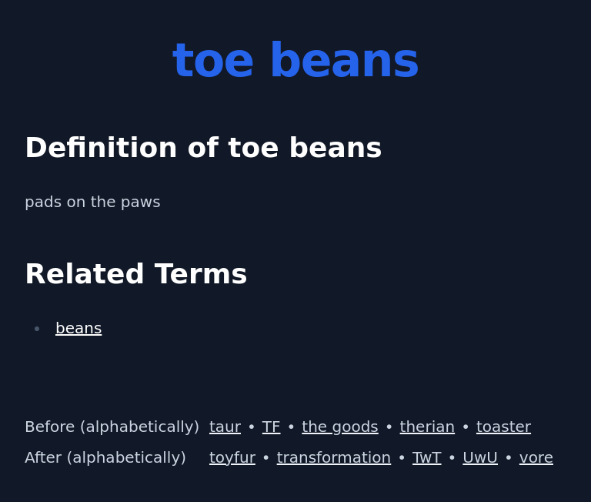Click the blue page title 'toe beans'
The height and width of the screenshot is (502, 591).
tap(295, 62)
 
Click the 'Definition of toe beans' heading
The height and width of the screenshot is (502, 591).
tap(203, 148)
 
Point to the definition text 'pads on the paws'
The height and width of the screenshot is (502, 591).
tap(92, 202)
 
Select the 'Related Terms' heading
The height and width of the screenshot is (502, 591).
tap(135, 274)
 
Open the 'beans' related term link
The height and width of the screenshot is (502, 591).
tap(78, 329)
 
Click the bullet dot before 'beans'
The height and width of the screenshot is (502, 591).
tap(37, 330)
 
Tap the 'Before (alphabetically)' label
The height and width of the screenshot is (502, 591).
tap(112, 427)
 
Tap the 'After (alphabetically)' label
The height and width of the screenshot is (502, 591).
tap(105, 458)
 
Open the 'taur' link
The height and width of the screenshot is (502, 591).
tap(225, 427)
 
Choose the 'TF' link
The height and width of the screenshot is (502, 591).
tap(271, 427)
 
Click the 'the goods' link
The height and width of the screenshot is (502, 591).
tap(339, 427)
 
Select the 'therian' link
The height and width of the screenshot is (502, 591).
tap(427, 427)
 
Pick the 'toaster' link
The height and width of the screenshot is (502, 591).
tap(503, 427)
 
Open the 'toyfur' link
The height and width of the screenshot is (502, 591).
tap(232, 458)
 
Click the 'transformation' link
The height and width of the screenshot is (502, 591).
tap(333, 458)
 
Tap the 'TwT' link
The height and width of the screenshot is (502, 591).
tap(426, 458)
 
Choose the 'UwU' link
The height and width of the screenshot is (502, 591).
tap(479, 458)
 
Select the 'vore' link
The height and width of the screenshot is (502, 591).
tap(536, 458)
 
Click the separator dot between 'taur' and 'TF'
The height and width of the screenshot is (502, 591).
tap(252, 428)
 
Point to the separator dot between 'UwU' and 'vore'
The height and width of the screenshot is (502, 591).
tap(509, 459)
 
